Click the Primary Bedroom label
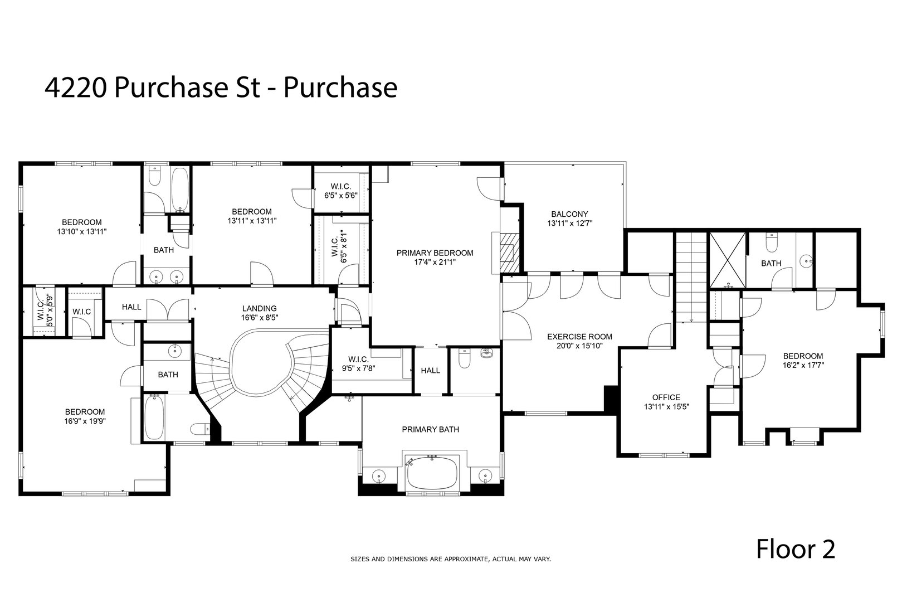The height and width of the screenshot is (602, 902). pyautogui.click(x=435, y=253)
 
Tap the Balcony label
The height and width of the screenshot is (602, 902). pyautogui.click(x=569, y=214)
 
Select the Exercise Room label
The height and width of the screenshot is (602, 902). pyautogui.click(x=579, y=337)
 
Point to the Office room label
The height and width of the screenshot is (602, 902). pyautogui.click(x=666, y=397)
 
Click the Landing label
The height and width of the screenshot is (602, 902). pyautogui.click(x=259, y=308)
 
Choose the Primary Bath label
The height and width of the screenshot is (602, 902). pyautogui.click(x=431, y=429)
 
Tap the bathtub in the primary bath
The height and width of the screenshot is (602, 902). pyautogui.click(x=432, y=474)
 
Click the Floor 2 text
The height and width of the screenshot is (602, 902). pyautogui.click(x=795, y=549)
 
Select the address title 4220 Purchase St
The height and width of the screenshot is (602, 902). pyautogui.click(x=221, y=88)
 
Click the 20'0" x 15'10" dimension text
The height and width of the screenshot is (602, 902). pyautogui.click(x=579, y=346)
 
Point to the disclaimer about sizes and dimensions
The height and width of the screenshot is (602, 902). pyautogui.click(x=450, y=558)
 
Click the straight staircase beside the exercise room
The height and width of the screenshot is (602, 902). pyautogui.click(x=691, y=276)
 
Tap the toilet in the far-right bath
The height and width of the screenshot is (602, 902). pyautogui.click(x=772, y=243)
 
